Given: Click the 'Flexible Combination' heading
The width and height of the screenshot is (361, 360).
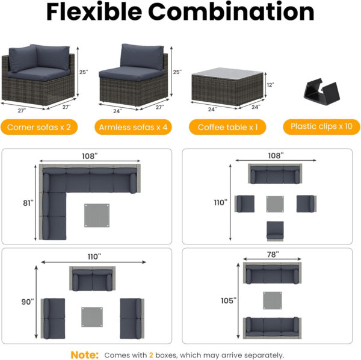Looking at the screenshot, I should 180,11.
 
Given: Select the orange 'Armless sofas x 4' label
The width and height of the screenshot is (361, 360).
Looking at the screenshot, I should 132,127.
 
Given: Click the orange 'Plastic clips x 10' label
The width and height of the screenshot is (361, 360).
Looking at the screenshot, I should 321,126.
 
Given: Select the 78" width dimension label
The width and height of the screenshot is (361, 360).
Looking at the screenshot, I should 272,255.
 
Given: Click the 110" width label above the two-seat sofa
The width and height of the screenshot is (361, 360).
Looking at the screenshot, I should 94,256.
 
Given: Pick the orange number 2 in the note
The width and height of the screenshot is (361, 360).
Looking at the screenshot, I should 152,355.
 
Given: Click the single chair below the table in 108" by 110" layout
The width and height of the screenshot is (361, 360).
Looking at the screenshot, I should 276,230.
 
